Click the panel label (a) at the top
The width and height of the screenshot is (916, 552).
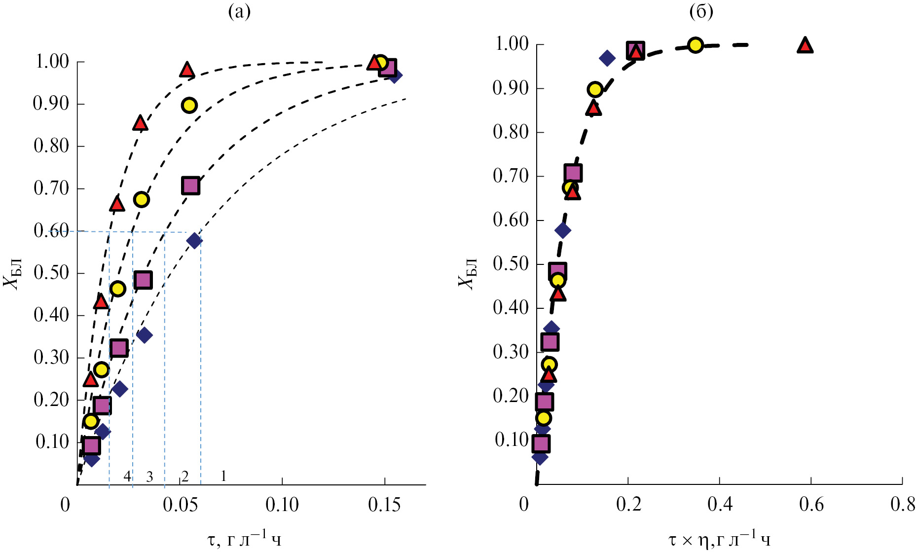coord(239,11)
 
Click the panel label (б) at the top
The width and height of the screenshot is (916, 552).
coord(701,11)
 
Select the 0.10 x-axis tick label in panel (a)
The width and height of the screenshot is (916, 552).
coord(282,505)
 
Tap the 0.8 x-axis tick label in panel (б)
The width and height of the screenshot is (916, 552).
coord(902,505)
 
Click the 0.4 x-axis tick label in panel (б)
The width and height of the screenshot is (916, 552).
coord(719,505)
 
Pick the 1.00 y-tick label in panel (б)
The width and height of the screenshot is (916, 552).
coord(512,44)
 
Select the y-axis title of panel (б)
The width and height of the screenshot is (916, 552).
coord(467,274)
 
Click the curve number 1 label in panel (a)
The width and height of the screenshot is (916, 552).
coord(223,476)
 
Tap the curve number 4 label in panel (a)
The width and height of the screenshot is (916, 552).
coord(127,477)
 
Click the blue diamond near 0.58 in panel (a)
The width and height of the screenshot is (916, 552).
coord(194,241)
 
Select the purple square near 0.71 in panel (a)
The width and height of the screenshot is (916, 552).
coord(190,186)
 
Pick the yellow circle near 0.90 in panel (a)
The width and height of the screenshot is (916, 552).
coord(189,105)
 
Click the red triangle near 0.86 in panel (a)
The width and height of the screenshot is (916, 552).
coord(141,123)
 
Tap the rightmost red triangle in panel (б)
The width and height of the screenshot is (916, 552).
coord(805,45)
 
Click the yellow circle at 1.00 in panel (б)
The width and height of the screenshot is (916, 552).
coord(695,45)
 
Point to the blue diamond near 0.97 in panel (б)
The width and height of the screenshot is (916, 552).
coord(607,58)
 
